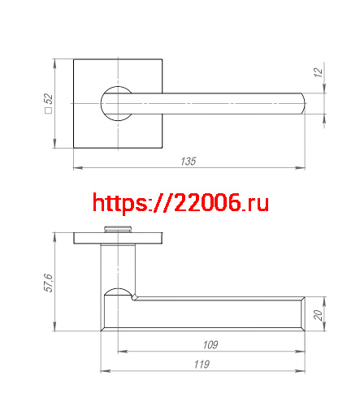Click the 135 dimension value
pyautogui.click(x=188, y=162)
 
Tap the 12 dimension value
pyautogui.click(x=318, y=72)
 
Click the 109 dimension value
pyautogui.click(x=210, y=345)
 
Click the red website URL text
pyautogui.click(x=180, y=202)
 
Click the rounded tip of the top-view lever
pyautogui.click(x=301, y=103)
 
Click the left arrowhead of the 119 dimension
pyautogui.click(x=103, y=371)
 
